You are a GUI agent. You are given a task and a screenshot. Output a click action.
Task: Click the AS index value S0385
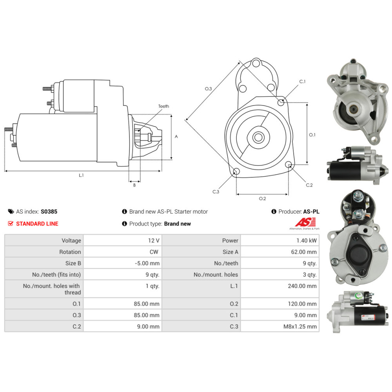(x=49, y=212)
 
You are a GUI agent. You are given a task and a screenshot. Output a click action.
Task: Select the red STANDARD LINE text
(x=37, y=224)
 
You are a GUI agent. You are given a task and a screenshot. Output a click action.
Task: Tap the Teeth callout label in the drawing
(x=163, y=106)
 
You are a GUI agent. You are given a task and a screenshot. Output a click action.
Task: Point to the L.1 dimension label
(x=81, y=175)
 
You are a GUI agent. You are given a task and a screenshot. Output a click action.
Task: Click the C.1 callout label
(x=302, y=82)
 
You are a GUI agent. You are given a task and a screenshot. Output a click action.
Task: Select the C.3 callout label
(x=216, y=192)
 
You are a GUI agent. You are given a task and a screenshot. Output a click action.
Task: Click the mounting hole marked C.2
(x=289, y=164)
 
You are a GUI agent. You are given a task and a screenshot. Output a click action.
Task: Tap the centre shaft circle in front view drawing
(x=258, y=137)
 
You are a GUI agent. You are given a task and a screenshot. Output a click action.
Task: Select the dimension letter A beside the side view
(x=176, y=137)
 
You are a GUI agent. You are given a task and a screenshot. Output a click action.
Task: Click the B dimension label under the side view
(x=134, y=185)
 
